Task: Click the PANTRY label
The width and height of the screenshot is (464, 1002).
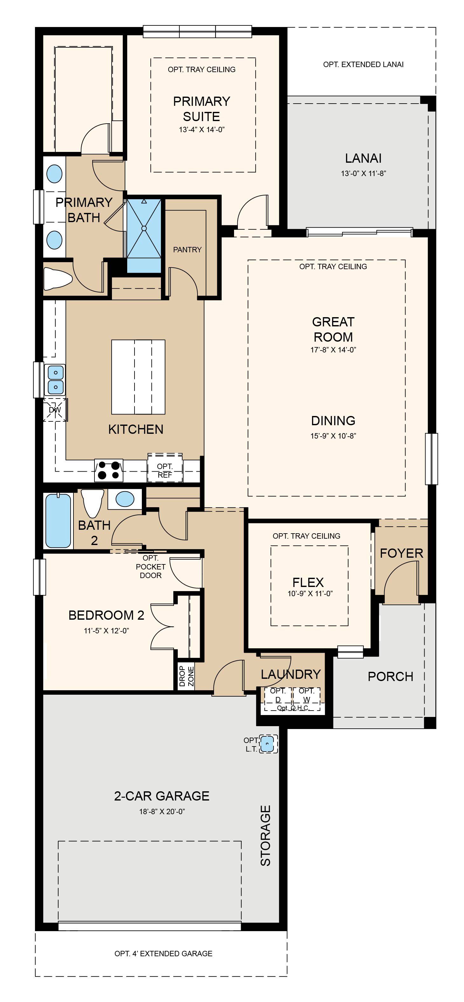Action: coord(187,250)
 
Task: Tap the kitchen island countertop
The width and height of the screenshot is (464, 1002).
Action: coord(138,377)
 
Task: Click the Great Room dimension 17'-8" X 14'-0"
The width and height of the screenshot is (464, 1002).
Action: coord(333,350)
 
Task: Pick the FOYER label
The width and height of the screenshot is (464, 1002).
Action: coord(401,553)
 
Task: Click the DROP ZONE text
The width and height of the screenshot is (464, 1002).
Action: coord(186,676)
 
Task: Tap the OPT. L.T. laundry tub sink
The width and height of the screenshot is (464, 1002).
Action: coord(267,744)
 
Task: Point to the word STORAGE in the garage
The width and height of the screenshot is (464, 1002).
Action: coord(266,835)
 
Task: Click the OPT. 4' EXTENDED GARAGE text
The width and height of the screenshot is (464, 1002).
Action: coord(163,953)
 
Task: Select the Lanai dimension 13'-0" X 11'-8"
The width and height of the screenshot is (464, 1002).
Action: coord(364,174)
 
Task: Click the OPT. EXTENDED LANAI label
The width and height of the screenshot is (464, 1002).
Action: coord(363,65)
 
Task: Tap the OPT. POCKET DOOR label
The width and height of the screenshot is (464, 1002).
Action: coord(151,567)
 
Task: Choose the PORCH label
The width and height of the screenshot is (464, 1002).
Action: coord(391,677)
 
